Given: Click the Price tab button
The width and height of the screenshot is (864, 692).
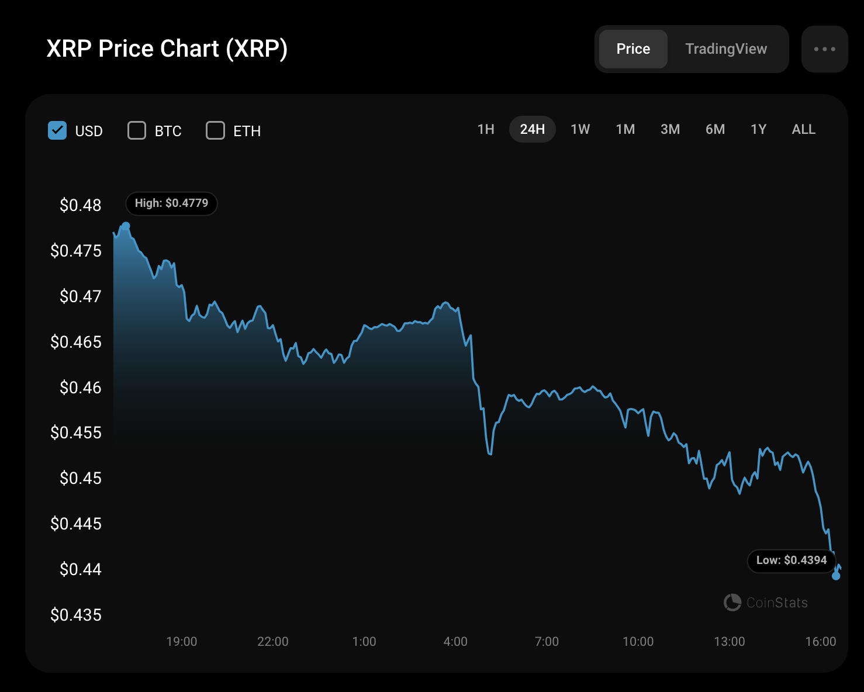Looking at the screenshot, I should (633, 49).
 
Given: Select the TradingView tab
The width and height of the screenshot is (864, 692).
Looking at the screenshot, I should (726, 49).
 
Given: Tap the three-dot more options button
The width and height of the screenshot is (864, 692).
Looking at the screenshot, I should (824, 49).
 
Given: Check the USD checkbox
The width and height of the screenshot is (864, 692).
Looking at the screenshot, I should (57, 130).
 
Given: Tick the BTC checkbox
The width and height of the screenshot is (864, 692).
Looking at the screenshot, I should (137, 130).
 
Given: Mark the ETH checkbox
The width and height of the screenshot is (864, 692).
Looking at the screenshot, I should (215, 130).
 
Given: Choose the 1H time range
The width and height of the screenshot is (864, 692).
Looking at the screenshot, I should (486, 129).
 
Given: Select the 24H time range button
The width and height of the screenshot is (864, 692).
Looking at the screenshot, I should (532, 129).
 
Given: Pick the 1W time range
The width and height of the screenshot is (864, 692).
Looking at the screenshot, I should (580, 129).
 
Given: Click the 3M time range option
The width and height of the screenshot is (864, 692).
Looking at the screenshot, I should (670, 129).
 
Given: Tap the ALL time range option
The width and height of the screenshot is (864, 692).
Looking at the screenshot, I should (803, 129).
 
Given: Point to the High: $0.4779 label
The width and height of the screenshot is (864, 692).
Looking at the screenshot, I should (171, 203).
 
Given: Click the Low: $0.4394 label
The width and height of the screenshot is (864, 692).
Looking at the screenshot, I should (792, 560).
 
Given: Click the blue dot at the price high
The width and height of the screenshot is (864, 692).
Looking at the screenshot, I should (126, 226).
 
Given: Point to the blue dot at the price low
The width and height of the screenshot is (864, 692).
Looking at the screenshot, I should (836, 576).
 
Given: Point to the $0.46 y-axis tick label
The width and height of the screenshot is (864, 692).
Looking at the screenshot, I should (80, 387).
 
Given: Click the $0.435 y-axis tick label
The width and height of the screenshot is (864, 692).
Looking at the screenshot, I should (76, 615).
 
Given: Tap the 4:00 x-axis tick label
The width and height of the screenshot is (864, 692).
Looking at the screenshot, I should (455, 642).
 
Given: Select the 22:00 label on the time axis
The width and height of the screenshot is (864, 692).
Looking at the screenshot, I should (273, 642).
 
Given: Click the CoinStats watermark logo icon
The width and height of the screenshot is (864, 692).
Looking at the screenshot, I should (732, 603).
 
